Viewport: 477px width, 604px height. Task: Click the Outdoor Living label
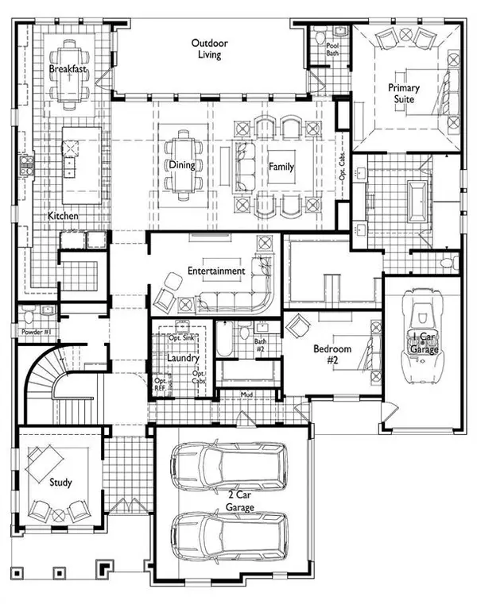[x=211, y=48]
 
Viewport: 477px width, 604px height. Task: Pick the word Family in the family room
[x=281, y=167]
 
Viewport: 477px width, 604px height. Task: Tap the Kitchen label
[x=62, y=216]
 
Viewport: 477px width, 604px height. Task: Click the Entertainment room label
[x=216, y=271]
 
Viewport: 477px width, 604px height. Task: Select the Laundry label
[x=182, y=358]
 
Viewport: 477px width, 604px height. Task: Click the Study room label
[x=60, y=482]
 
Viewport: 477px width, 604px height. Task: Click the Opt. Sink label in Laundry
[x=182, y=337]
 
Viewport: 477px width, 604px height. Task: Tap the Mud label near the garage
[x=247, y=394]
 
